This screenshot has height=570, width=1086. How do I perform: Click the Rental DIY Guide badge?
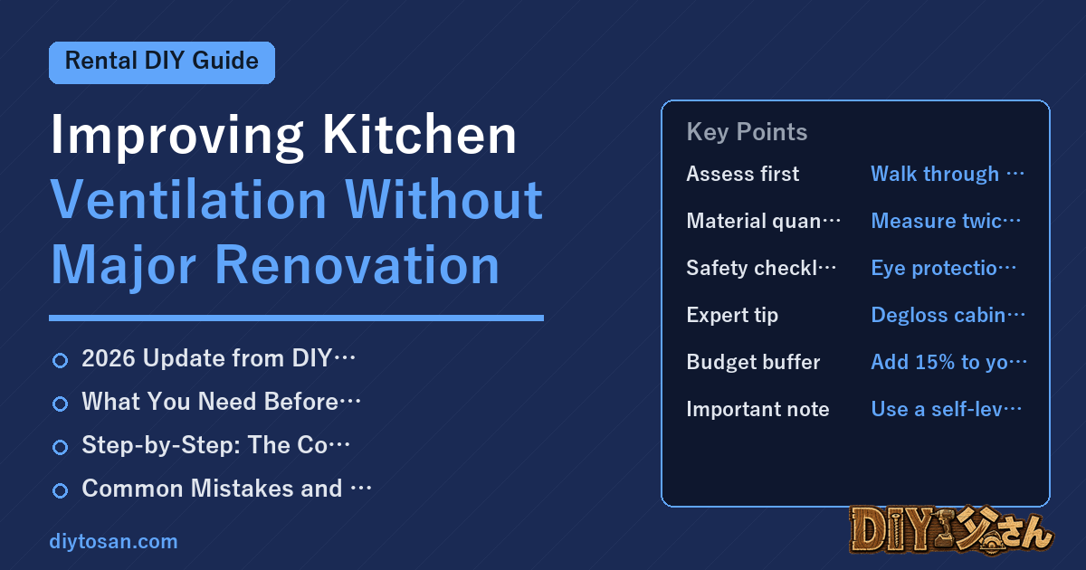(x=162, y=62)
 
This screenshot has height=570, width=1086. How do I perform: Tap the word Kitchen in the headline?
(x=419, y=135)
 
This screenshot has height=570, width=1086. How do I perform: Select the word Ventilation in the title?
(x=188, y=200)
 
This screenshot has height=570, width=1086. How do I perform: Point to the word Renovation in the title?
(x=357, y=265)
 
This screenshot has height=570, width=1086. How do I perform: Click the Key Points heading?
(x=747, y=132)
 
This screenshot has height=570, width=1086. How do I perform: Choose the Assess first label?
(x=742, y=174)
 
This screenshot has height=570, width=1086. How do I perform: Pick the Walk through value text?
(x=948, y=174)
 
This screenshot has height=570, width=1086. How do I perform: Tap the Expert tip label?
(x=732, y=315)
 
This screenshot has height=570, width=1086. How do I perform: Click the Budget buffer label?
(x=753, y=362)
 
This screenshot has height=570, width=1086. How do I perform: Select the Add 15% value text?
(x=948, y=362)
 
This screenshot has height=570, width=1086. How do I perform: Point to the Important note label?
(x=757, y=409)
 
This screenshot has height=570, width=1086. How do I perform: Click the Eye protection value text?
(x=943, y=268)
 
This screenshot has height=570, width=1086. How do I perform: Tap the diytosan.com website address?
(x=113, y=541)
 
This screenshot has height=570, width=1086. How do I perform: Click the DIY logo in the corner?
(x=951, y=530)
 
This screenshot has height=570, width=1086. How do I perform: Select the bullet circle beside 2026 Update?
(x=60, y=361)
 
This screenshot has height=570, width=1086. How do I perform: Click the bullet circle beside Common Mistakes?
(x=60, y=490)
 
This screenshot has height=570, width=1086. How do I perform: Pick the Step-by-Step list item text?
(x=215, y=445)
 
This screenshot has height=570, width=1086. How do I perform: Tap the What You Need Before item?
(x=221, y=402)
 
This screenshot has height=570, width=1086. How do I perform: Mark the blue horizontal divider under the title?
(x=296, y=318)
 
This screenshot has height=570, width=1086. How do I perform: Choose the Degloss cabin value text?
(x=948, y=315)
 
